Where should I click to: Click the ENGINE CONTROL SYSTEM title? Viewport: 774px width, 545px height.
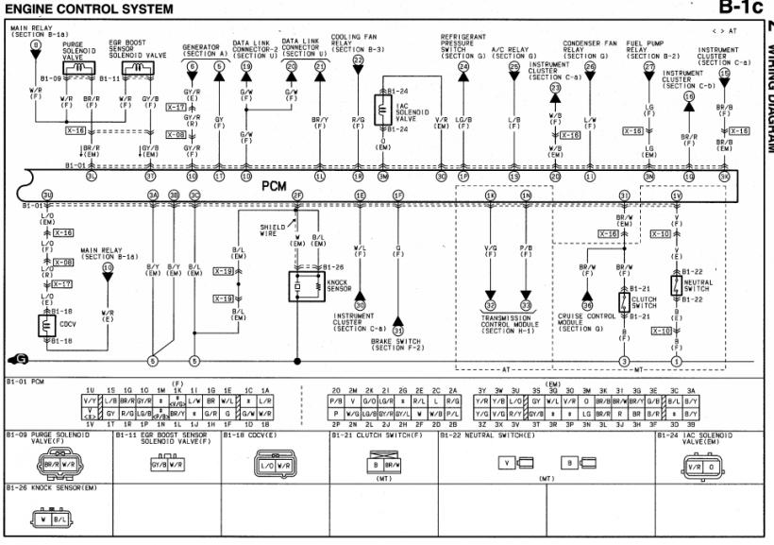[x=90, y=9]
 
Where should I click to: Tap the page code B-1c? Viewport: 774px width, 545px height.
[x=740, y=9]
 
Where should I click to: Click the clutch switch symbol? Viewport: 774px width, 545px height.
[x=624, y=303]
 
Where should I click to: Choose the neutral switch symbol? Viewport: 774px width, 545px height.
[x=676, y=284]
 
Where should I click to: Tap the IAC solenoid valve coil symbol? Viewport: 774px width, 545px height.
[x=384, y=109]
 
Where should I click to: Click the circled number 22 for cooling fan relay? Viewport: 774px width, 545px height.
[x=358, y=60]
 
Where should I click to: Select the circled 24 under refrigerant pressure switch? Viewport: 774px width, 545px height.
[x=463, y=66]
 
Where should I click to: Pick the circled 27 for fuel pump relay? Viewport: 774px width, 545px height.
[x=649, y=67]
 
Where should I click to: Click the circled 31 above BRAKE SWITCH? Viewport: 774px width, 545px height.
[x=398, y=331]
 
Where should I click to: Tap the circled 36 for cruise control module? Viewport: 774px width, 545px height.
[x=587, y=304]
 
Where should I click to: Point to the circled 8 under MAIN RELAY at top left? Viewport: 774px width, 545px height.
[x=35, y=44]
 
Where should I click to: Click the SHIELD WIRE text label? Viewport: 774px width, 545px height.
[x=273, y=229]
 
